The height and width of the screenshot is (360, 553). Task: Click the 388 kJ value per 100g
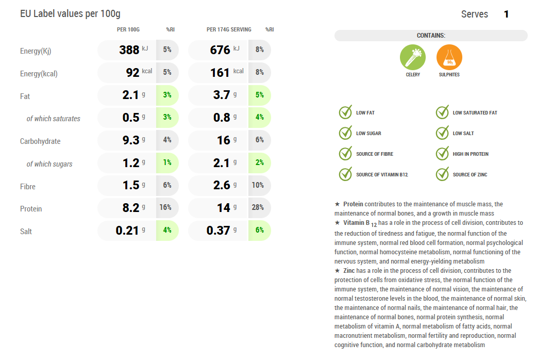coord(129,50)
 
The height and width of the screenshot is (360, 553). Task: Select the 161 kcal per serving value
coord(220,73)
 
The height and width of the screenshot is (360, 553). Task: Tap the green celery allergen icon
coord(413,57)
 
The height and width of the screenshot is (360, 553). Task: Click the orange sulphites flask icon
coord(449,57)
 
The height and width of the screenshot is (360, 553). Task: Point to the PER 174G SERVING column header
coord(229,29)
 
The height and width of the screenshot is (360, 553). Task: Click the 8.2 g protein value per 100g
coord(131,208)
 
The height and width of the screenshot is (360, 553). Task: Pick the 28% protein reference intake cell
coord(259,207)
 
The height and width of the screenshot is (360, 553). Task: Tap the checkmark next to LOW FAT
coord(345,112)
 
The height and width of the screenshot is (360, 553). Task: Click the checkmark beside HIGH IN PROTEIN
coord(442,154)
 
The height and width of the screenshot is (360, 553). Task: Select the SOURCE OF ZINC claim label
coord(470,175)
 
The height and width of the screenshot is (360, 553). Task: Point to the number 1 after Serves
coord(506,14)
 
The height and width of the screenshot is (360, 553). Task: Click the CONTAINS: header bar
coord(431,36)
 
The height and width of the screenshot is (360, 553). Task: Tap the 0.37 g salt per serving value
coord(218,231)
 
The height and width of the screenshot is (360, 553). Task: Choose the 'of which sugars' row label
coord(49,164)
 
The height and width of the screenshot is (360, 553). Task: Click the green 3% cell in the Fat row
coord(167,95)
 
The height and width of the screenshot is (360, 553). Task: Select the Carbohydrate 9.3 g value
coord(131,140)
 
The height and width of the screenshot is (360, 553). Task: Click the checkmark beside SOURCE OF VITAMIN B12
coord(345,174)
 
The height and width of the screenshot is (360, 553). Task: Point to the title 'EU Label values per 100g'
coord(70,14)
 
